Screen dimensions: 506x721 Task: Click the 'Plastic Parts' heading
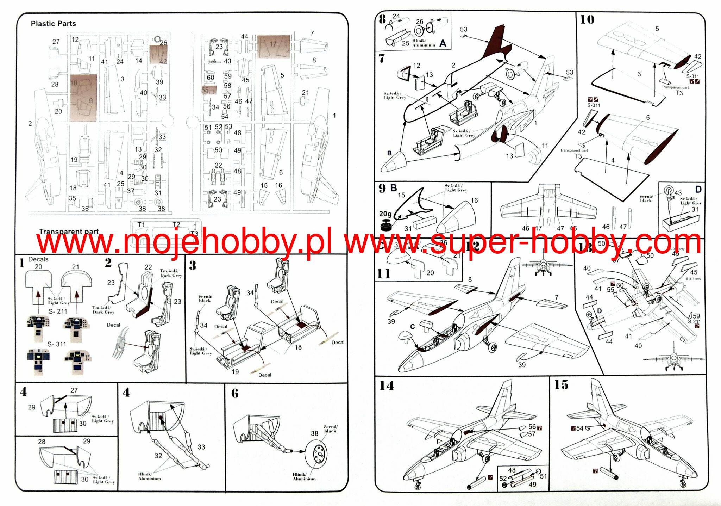click(x=53, y=24)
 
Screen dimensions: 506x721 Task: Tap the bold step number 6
click(x=235, y=393)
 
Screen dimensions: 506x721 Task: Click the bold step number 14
click(x=386, y=386)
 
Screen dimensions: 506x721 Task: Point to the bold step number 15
click(x=561, y=385)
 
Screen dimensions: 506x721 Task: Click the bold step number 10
click(x=587, y=20)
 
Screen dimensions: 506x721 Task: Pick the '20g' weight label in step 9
click(x=385, y=214)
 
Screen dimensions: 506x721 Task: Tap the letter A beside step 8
click(x=443, y=43)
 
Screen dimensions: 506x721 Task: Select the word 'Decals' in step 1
click(x=38, y=259)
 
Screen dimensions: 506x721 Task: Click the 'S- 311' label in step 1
click(x=57, y=344)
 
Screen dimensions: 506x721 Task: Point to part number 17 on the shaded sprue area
click(x=273, y=44)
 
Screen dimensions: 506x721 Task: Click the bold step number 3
click(x=192, y=265)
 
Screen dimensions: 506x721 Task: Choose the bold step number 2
click(x=108, y=263)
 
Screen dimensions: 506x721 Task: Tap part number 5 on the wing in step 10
click(x=657, y=29)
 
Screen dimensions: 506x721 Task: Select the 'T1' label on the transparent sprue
click(x=141, y=224)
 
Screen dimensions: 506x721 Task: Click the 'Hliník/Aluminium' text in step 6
click(x=304, y=476)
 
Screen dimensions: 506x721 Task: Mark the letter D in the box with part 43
click(x=698, y=189)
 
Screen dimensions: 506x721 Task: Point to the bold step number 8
click(x=382, y=19)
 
